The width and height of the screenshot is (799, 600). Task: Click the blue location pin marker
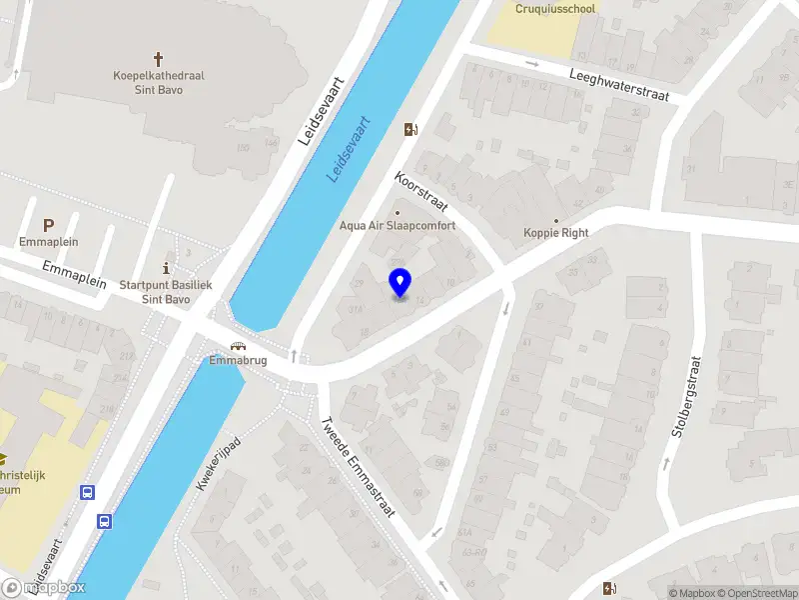point(400,283)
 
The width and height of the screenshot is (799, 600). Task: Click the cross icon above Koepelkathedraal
point(158,60)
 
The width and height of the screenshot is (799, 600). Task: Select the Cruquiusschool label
point(555,9)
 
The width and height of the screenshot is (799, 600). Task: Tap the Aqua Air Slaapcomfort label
point(398,226)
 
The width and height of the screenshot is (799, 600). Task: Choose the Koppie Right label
point(556,233)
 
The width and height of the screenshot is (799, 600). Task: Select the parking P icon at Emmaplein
point(48,226)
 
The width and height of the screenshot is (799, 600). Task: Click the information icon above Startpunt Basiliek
point(166,268)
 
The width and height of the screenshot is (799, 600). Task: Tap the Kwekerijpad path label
point(220,463)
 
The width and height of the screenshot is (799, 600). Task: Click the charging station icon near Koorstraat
point(409,129)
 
